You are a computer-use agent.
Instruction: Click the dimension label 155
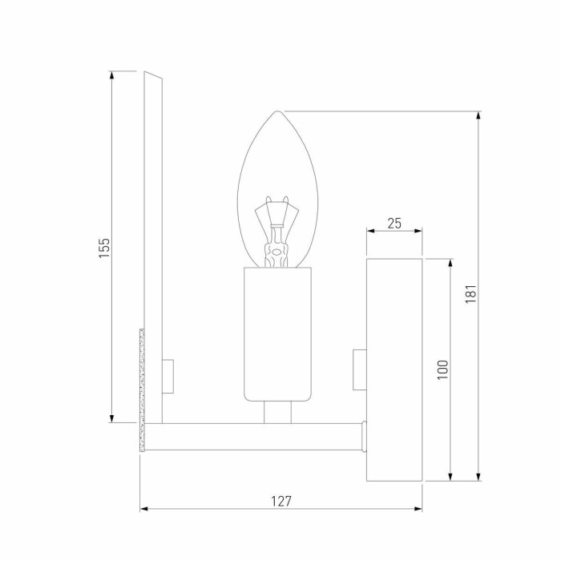click(104, 247)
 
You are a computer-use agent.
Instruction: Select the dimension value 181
click(471, 296)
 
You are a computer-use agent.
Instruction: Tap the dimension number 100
click(443, 369)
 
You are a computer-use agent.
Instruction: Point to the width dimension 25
click(394, 224)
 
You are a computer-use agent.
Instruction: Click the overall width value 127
click(280, 501)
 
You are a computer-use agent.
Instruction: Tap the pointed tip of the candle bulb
click(277, 113)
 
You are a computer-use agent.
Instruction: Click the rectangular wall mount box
click(394, 369)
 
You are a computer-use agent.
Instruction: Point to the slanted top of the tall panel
click(154, 76)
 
